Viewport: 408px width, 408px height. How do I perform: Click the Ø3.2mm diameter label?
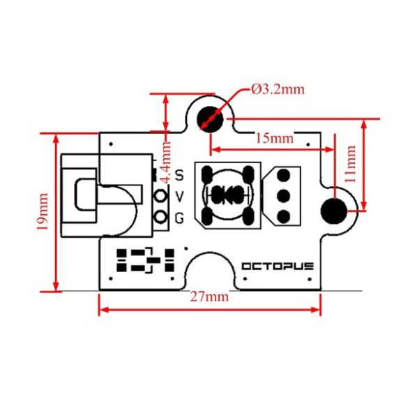pyautogui.click(x=278, y=90)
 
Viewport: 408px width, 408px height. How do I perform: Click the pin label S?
pyautogui.click(x=179, y=174)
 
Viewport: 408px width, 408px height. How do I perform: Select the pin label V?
pyautogui.click(x=179, y=196)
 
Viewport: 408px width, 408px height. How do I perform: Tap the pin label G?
pyautogui.click(x=179, y=218)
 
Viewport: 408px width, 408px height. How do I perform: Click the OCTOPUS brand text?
pyautogui.click(x=278, y=266)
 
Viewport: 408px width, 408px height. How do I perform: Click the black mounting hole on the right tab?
pyautogui.click(x=335, y=209)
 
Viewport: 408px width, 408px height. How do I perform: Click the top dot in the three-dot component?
pyautogui.click(x=284, y=176)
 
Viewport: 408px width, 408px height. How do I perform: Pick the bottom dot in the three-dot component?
pyautogui.click(x=284, y=215)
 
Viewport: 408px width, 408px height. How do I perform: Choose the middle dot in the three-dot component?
pyautogui.click(x=284, y=195)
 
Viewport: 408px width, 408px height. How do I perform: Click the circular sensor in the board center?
pyautogui.click(x=226, y=195)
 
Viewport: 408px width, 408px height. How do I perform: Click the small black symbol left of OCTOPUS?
pyautogui.click(x=145, y=260)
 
